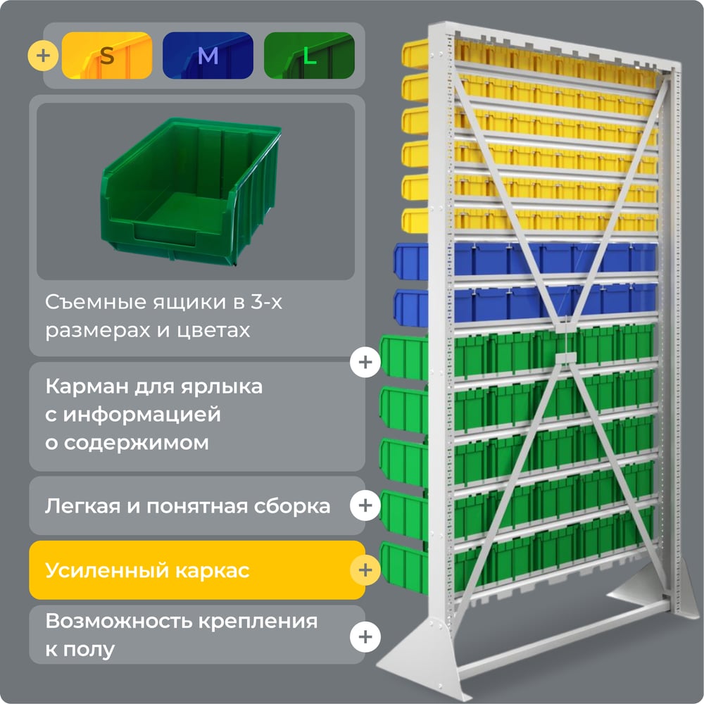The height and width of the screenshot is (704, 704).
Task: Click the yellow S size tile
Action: pos(107,55)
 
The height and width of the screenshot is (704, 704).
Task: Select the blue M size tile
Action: pos(208,55)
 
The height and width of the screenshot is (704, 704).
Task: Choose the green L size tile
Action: pos(309,55)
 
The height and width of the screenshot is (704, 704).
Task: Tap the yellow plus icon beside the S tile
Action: pos(43,56)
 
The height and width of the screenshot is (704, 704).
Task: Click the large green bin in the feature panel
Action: pos(191,191)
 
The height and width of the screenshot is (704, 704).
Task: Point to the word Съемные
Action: pos(96,302)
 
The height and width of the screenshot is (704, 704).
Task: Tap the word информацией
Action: pos(142,415)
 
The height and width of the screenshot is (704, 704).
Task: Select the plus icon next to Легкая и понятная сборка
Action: pos(365,505)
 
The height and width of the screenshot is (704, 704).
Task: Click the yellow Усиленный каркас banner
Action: pos(197,570)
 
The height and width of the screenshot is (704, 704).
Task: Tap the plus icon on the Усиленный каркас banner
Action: pos(365,570)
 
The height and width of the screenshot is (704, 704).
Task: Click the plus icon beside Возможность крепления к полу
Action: pos(365,636)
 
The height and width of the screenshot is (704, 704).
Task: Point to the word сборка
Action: pos(292,506)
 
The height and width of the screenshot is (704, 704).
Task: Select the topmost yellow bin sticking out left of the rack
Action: pos(415,54)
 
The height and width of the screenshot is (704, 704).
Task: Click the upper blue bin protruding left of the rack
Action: pos(411,261)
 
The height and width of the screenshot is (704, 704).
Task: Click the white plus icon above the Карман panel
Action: pos(365,362)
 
